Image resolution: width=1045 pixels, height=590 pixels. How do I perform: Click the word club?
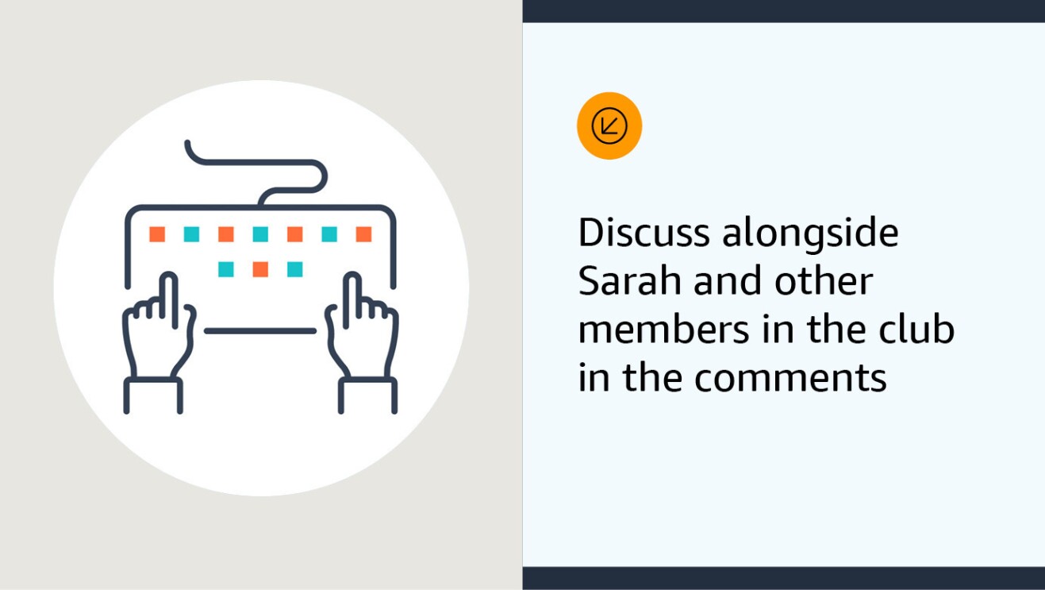tap(921, 330)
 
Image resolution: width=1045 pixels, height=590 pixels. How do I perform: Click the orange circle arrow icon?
tap(609, 125)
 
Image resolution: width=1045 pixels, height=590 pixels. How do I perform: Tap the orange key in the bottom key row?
tap(260, 269)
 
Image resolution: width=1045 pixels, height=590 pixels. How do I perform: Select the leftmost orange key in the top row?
tap(157, 234)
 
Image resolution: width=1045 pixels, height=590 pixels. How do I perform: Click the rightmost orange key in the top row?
tap(363, 234)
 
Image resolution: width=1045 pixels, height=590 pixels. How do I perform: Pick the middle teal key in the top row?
tap(260, 234)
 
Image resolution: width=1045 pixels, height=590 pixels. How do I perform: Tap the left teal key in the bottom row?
tap(226, 269)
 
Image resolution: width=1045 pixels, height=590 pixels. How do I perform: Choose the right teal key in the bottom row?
tap(295, 269)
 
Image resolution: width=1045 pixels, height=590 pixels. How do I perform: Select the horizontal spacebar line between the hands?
tap(260, 330)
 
